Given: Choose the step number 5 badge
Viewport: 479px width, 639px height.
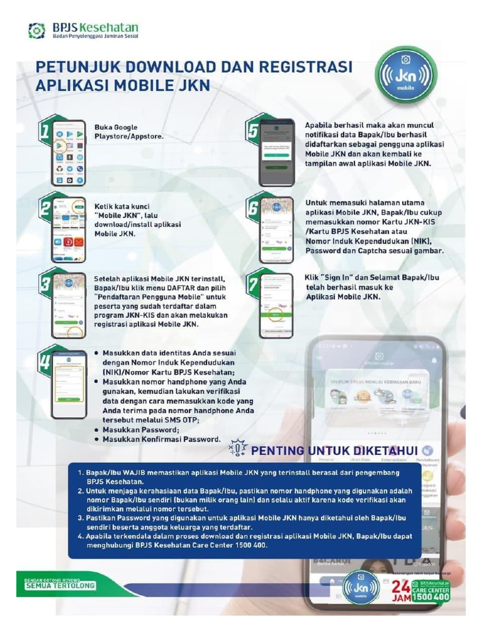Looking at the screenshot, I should pyautogui.click(x=253, y=132).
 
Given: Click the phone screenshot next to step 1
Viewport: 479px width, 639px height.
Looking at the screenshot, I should pyautogui.click(x=68, y=153).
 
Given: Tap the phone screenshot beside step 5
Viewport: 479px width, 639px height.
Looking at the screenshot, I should pyautogui.click(x=276, y=152).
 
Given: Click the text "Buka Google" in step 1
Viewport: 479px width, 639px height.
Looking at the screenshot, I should pyautogui.click(x=116, y=127).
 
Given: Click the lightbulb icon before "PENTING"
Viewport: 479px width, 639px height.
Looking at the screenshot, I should pyautogui.click(x=238, y=448).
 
